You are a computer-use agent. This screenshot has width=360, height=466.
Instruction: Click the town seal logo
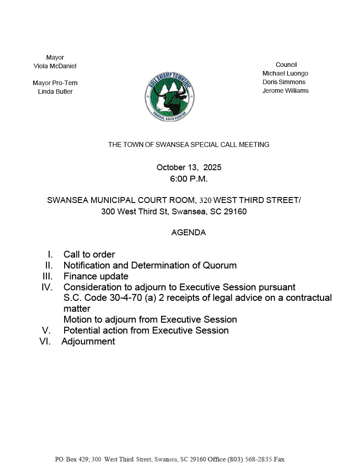click(x=170, y=96)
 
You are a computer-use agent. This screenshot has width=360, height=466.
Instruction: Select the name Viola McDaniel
click(x=55, y=66)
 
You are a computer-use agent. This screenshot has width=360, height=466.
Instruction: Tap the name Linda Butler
click(x=55, y=91)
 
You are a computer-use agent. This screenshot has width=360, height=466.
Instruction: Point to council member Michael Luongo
click(x=285, y=73)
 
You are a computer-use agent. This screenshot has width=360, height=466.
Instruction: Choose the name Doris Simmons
click(x=284, y=82)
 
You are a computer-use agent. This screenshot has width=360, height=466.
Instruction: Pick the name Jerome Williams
click(x=285, y=91)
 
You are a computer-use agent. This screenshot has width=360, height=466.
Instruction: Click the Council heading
click(x=286, y=65)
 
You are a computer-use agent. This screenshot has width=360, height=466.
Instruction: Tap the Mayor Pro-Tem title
click(x=55, y=83)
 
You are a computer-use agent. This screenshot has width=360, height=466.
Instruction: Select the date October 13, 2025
click(x=189, y=167)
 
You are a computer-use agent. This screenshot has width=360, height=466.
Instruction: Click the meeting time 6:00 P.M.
click(x=189, y=179)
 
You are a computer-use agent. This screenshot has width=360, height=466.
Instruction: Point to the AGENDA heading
click(x=188, y=233)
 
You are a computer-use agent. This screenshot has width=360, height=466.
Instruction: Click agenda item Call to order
click(x=89, y=254)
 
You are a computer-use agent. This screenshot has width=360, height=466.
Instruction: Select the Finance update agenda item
click(x=96, y=276)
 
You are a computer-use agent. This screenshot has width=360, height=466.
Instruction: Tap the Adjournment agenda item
click(x=88, y=341)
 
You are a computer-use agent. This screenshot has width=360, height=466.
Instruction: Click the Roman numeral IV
click(x=47, y=287)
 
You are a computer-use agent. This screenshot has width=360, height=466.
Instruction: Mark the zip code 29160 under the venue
click(x=235, y=212)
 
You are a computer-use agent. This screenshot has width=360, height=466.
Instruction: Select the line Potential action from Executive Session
click(x=146, y=330)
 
